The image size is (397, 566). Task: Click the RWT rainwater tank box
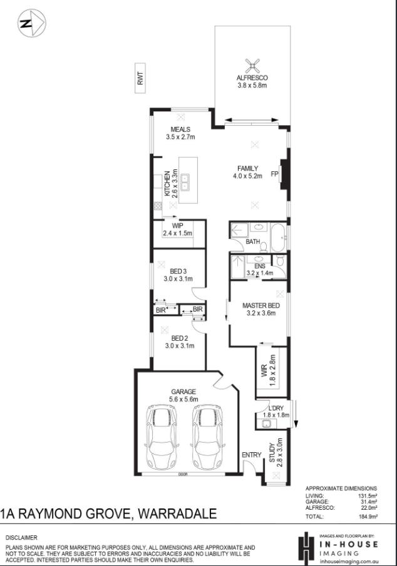(140, 78)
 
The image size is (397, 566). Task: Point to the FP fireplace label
(274, 174)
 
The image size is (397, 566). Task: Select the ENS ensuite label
(259, 266)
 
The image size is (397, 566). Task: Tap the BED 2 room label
(178, 338)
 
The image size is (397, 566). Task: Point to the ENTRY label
(252, 455)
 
